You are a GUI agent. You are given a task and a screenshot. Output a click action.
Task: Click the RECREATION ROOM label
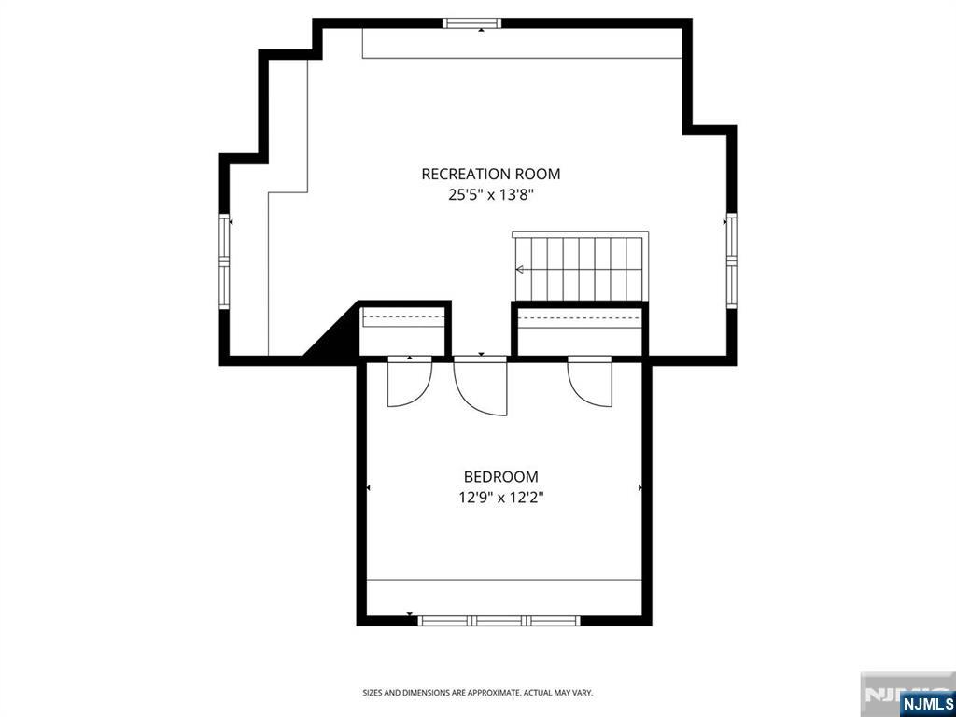click(x=490, y=174)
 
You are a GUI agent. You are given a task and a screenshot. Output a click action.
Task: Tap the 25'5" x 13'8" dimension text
click(x=490, y=195)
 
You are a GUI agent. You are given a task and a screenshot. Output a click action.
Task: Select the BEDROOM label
click(x=500, y=477)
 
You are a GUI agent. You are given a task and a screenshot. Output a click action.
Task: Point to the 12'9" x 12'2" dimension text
click(x=500, y=498)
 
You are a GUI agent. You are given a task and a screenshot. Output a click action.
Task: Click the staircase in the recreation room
click(x=580, y=268)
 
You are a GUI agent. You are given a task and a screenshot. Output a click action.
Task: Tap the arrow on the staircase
click(x=520, y=270)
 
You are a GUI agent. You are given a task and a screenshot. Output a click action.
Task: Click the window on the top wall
click(x=472, y=22)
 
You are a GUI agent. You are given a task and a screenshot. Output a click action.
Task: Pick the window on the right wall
click(x=731, y=260)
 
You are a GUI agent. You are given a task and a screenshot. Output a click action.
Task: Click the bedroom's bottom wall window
click(x=499, y=620)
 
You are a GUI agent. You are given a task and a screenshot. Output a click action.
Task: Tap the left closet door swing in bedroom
click(x=408, y=384)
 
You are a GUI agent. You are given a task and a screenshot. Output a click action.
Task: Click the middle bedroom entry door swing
click(x=482, y=387)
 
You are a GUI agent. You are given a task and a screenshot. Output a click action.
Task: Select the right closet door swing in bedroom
click(x=590, y=383)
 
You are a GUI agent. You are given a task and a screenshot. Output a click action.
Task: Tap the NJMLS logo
click(x=926, y=702)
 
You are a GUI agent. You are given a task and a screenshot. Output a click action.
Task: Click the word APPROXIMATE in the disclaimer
click(x=496, y=693)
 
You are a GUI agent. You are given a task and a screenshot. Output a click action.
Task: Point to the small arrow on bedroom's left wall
click(x=368, y=487)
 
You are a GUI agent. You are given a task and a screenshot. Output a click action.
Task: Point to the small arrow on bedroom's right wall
click(x=640, y=487)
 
